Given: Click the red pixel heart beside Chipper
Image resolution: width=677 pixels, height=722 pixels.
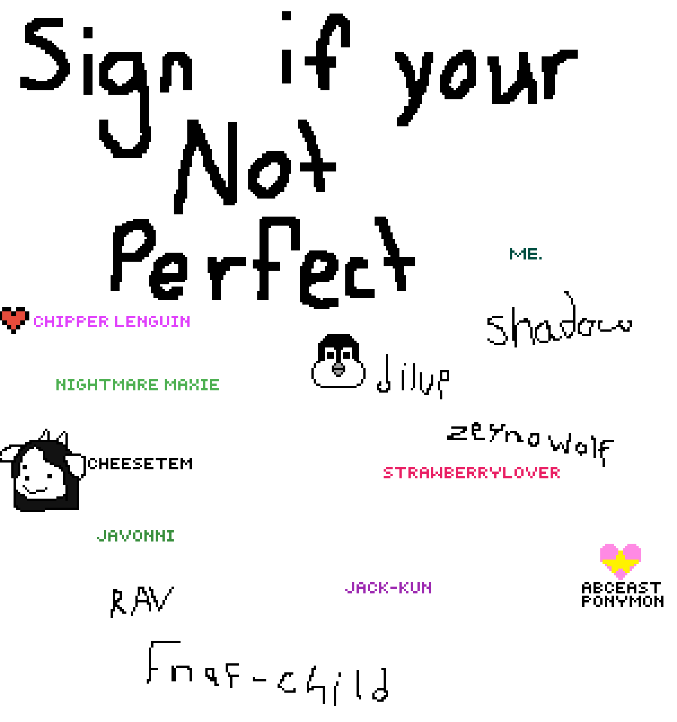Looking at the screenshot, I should pos(13,320).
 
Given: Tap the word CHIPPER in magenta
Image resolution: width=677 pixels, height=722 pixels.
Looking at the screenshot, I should pos(71,322).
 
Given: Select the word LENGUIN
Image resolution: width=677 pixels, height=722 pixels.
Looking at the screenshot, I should pos(152,322).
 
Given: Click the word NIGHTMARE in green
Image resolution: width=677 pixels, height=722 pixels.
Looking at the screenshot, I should pos(107,385).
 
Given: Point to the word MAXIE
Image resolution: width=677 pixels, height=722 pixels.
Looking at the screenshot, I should pos(192,385).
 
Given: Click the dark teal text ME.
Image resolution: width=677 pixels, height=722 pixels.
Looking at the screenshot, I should pos(525,254).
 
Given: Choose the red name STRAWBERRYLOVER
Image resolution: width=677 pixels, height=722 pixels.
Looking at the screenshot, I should pos(472,473).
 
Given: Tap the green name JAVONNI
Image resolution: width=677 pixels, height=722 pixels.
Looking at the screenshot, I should pos(136,536).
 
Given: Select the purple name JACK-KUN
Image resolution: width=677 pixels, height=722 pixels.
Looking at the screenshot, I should pos(388,588).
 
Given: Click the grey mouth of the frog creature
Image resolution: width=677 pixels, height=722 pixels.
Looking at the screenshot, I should pos(338,369).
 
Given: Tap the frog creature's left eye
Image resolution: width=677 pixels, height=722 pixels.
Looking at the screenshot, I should pos(330,355).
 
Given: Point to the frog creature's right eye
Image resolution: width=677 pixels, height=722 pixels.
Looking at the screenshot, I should pos(346,355).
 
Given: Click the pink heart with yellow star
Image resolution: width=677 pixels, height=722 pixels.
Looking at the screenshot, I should pos(621,561).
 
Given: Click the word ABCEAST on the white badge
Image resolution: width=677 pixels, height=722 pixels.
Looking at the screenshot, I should pos(622,588).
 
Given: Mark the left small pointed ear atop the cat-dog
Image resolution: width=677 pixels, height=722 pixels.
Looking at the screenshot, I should pos(45,437).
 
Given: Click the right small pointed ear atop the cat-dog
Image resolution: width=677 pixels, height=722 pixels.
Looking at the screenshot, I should pos(61,438).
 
